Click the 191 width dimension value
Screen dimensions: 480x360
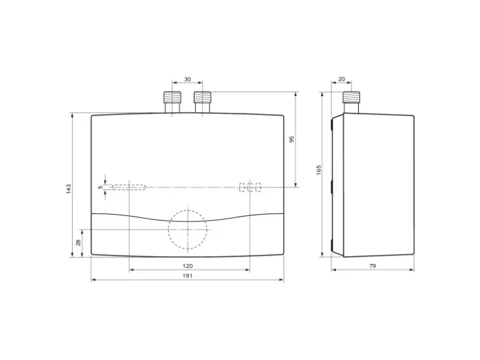(187, 276)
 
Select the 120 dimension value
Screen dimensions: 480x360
(187, 266)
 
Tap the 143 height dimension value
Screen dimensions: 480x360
(69, 189)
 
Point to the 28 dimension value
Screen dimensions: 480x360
(78, 243)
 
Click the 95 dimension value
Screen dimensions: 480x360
(292, 139)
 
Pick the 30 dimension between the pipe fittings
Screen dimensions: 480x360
(187, 79)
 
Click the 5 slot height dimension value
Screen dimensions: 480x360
(101, 187)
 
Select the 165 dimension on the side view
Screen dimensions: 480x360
(318, 170)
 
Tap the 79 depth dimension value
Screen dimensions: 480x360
(372, 266)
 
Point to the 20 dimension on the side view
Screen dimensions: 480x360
(342, 79)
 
